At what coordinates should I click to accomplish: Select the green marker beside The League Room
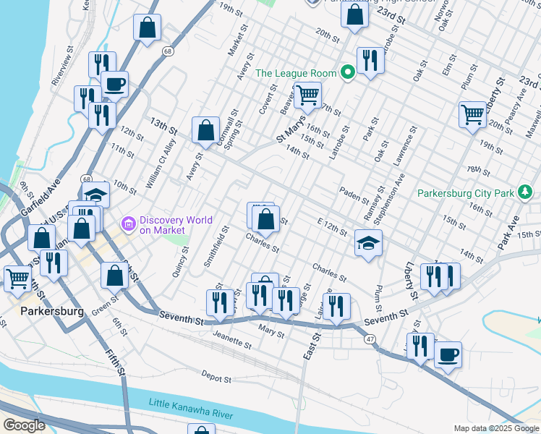coord(348,72)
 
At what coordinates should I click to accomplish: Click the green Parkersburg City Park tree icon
coord(526,193)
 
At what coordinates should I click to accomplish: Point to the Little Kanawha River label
coord(191,407)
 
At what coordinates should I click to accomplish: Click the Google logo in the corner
coord(24,425)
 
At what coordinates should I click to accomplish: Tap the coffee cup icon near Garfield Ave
coord(114,84)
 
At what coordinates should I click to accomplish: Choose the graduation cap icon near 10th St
coord(95,195)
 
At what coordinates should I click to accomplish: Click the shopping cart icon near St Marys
coord(308,94)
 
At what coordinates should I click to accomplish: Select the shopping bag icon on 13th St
coord(206,130)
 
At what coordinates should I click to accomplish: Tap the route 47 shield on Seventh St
coord(370,339)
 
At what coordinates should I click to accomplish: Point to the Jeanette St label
coord(232,341)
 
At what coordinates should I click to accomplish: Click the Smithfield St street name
coord(216,246)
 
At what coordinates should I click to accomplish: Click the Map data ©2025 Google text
coord(496,428)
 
